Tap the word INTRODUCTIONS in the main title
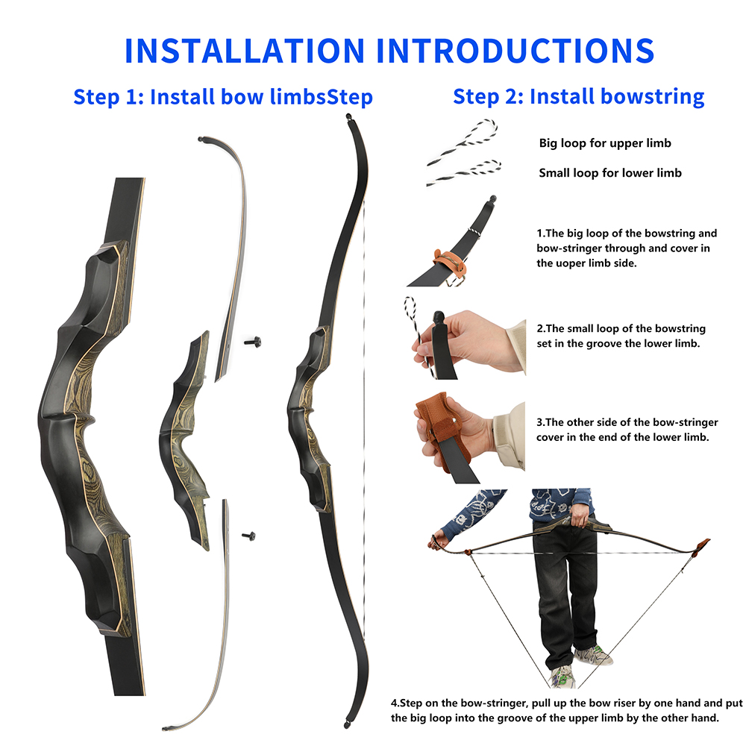pyautogui.click(x=515, y=49)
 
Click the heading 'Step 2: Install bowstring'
pyautogui.click(x=578, y=96)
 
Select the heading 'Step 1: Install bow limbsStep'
pyautogui.click(x=222, y=97)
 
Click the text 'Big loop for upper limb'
pyautogui.click(x=605, y=143)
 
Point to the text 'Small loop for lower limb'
pyautogui.click(x=610, y=173)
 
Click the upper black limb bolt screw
pyautogui.click(x=253, y=342)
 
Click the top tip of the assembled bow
pyautogui.click(x=348, y=119)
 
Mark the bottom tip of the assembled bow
pyautogui.click(x=346, y=724)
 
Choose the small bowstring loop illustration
pyautogui.click(x=464, y=172)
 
